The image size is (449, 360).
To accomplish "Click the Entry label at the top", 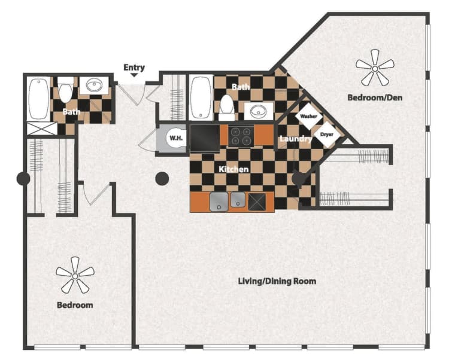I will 134,67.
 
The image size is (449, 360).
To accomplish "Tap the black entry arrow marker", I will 134,76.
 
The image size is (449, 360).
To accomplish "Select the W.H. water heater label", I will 175,139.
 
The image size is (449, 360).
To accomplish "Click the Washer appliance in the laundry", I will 308,117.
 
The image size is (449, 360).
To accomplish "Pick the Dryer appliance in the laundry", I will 326,135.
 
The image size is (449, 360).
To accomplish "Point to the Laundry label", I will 295,139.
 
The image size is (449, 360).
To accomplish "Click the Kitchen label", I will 233,169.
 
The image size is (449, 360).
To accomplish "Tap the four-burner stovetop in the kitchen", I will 241,136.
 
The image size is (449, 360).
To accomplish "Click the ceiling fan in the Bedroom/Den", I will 375,68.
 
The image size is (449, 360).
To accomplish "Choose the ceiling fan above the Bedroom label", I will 75,275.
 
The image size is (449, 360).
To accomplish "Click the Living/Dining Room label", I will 277,280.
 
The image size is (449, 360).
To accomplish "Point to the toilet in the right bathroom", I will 226,106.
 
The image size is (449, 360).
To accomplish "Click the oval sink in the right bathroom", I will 259,111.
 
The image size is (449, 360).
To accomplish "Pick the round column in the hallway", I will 162,178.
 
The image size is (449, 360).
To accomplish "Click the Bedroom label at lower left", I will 75,305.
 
